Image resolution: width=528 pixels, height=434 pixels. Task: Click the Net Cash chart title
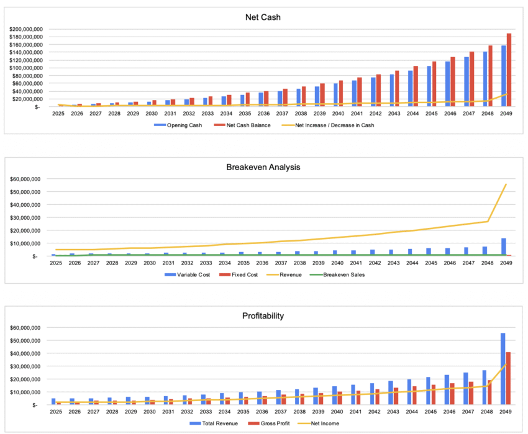[263, 17]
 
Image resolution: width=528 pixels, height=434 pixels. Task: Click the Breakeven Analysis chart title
[263, 166]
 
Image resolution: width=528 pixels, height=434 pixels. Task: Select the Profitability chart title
[263, 315]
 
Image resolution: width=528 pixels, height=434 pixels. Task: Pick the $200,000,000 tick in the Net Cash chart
[25, 29]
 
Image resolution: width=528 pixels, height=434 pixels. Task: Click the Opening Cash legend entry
[184, 125]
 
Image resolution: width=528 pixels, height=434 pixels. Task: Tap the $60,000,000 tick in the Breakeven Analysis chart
[27, 179]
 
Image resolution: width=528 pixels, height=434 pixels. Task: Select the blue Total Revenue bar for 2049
[503, 369]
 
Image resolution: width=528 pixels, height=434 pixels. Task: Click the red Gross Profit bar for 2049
[509, 378]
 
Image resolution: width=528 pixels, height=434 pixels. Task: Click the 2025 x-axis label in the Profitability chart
[58, 412]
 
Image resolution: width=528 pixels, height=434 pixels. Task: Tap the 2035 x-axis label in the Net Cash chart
[245, 114]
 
